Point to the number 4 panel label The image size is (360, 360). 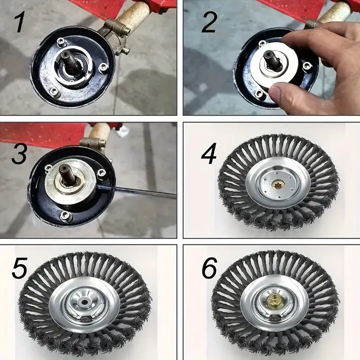click(209, 153)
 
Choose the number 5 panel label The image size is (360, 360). click(19, 268)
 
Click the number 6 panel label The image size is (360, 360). click(209, 268)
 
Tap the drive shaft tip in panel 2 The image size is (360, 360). click(268, 54)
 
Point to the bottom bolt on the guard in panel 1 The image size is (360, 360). click(54, 91)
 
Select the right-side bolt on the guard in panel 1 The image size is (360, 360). click(103, 67)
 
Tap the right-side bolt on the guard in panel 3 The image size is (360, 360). click(101, 172)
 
